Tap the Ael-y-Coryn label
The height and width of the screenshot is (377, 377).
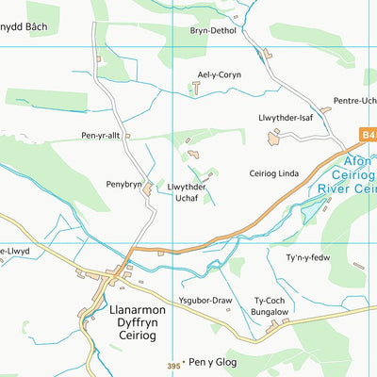[218, 74]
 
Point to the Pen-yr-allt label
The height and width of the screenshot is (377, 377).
[102, 136]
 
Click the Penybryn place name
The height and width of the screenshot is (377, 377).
[123, 185]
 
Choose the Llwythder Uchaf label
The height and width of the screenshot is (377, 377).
[188, 192]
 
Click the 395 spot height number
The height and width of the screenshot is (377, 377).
[172, 364]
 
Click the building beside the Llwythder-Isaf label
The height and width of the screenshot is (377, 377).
[274, 139]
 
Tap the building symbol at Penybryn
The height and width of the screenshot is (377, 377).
[148, 189]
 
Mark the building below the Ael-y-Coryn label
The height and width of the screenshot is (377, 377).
[196, 88]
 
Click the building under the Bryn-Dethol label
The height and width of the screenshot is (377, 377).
[268, 54]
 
